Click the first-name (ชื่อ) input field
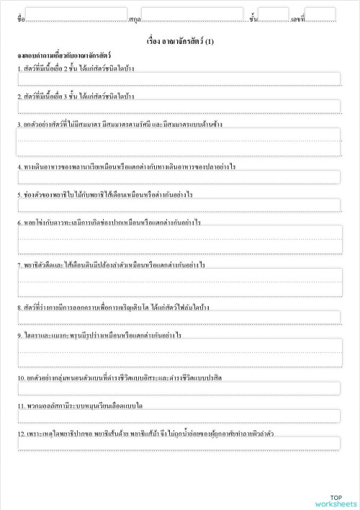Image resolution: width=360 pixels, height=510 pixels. point(76,14)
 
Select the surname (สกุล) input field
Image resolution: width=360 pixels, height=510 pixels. point(192,14)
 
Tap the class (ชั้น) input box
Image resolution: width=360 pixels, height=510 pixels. point(273,14)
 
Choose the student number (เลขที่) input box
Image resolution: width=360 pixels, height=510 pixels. point(320,14)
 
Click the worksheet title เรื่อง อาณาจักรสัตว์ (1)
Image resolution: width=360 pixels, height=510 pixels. point(179,42)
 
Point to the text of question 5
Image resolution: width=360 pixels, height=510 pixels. point(105,194)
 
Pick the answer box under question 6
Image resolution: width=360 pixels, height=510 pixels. point(179,240)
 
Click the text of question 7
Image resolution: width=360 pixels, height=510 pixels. point(112,265)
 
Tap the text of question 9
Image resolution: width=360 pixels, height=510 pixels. point(99,335)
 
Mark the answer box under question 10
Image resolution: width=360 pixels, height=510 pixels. point(179,389)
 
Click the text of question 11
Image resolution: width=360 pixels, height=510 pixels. point(81,406)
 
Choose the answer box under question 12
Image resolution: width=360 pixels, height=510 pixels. point(179,443)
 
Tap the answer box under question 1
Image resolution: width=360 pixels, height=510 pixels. point(179,79)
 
